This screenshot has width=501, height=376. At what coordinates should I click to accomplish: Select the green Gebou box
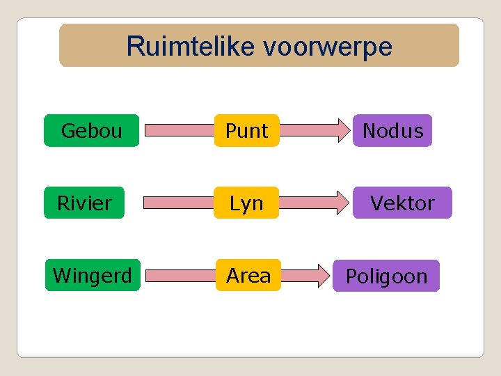91,130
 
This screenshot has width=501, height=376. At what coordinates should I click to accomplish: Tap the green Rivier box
84,203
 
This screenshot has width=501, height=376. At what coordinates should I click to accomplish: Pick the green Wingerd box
93,275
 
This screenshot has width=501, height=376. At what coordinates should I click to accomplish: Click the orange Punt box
246,130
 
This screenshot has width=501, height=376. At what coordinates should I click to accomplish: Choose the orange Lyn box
246,203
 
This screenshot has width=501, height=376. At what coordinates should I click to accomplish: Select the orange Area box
248,275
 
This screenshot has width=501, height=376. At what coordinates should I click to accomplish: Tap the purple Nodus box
392,130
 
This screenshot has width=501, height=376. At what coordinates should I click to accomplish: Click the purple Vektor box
401,203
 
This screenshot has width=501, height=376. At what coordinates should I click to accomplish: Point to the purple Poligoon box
386,276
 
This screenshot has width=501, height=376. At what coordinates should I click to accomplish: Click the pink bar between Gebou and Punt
177,130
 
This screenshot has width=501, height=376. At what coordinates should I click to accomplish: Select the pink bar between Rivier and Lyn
177,203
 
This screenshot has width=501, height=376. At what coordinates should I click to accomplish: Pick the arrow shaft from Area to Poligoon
298,276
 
